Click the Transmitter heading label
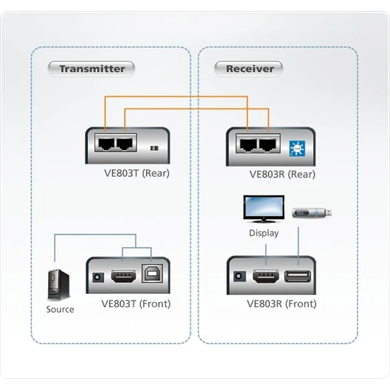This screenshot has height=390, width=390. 92,68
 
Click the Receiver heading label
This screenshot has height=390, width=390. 250,68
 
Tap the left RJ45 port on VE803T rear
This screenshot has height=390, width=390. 105,144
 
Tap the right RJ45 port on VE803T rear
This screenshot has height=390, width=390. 125,144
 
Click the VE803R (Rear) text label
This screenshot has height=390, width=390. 282,174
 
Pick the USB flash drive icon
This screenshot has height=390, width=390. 314,213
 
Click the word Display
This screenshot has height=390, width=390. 264,233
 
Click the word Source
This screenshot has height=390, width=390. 60,309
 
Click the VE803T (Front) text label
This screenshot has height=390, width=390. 136,304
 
